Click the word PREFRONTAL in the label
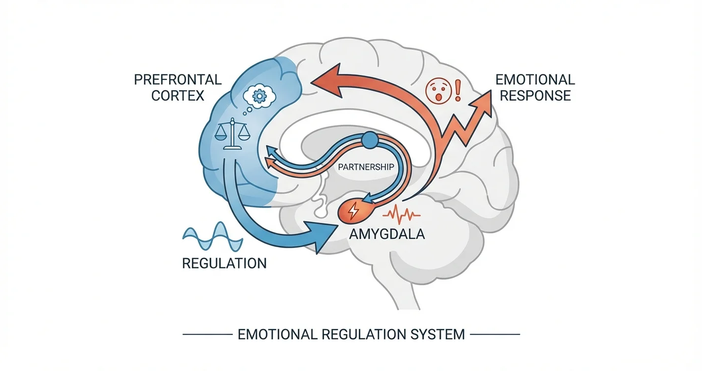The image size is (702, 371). (x=177, y=80)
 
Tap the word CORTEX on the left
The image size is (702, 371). (x=177, y=95)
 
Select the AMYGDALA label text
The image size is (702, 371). (x=386, y=235)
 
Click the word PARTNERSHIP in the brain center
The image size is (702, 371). (x=366, y=167)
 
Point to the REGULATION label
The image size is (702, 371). (x=224, y=263)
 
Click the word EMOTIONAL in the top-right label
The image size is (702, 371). (x=535, y=80)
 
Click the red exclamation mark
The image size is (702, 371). (x=458, y=91)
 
